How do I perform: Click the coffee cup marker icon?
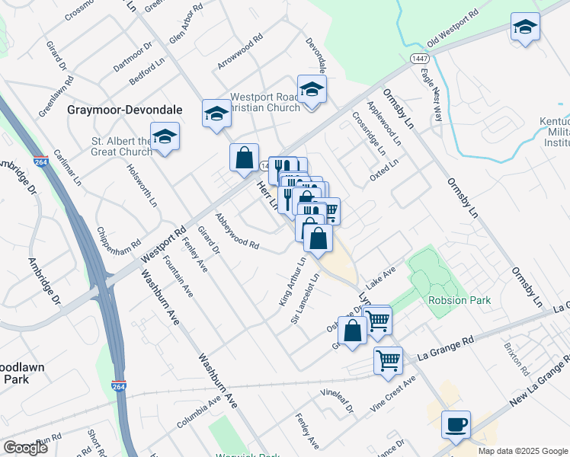pyautogui.click(x=456, y=424)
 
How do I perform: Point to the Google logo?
pyautogui.click(x=26, y=447)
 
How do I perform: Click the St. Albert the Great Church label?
pyautogui.click(x=122, y=146)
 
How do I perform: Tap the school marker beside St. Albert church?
pyautogui.click(x=165, y=137)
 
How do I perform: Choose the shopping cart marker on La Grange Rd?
pyautogui.click(x=388, y=360)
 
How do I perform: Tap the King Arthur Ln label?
pyautogui.click(x=292, y=282)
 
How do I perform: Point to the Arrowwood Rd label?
pyautogui.click(x=239, y=51)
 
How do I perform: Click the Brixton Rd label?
pyautogui.click(x=516, y=359)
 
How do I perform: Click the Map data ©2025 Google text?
pyautogui.click(x=523, y=450)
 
